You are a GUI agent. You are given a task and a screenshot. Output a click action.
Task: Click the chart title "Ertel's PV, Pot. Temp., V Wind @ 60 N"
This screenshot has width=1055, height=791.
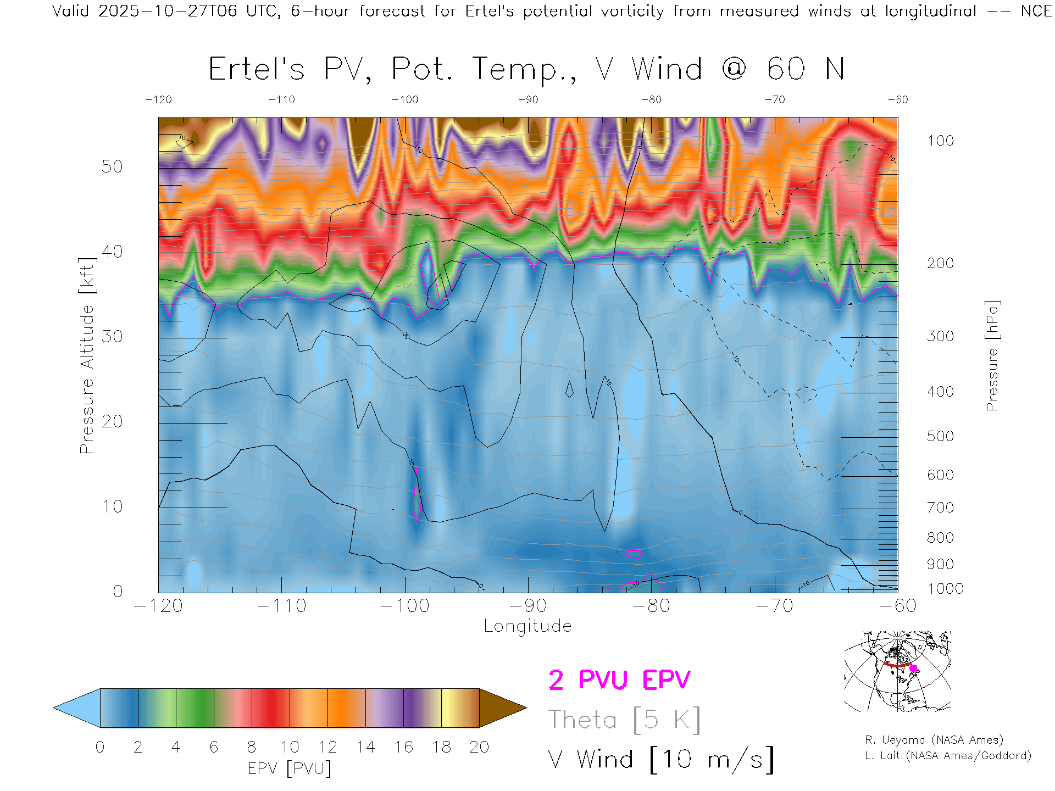coord(526,69)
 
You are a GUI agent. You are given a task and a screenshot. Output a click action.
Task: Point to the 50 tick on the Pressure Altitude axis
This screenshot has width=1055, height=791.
coord(112,166)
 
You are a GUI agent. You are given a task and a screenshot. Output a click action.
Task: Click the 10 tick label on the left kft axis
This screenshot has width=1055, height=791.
coord(112,506)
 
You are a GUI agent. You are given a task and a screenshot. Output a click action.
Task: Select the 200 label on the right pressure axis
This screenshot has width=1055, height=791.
coord(940,263)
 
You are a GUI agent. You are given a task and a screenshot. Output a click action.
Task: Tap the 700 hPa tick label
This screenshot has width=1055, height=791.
coord(940,508)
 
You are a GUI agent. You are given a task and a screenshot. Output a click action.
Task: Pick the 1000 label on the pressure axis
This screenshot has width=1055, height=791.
coord(945,589)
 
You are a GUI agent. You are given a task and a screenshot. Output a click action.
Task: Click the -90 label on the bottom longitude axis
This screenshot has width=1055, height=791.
coord(528,606)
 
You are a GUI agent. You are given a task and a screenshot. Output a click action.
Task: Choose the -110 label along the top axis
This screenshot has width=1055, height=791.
coord(281,100)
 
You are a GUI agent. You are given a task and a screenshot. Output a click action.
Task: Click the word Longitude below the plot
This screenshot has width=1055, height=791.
coord(527,626)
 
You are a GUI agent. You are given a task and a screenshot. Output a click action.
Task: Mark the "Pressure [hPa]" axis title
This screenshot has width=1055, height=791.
coord(992,356)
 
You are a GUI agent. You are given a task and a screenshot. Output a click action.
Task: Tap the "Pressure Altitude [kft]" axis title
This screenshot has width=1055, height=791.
coord(87,356)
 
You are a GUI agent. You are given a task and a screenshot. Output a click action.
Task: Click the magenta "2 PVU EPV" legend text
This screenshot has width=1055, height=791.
coord(619,680)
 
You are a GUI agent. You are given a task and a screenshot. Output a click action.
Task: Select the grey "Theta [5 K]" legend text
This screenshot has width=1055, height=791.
coord(624,720)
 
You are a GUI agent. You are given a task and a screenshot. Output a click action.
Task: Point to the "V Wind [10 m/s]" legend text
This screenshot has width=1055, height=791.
coord(661,760)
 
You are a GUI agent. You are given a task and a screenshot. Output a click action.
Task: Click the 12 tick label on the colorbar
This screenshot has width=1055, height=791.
coord(327,747)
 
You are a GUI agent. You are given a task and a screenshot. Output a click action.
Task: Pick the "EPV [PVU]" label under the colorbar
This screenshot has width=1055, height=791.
coord(290,768)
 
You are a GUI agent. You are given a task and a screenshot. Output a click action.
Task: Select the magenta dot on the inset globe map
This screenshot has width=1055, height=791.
coord(913,669)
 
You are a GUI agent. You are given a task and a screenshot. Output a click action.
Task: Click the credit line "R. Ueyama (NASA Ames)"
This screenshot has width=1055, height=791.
coord(934,740)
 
